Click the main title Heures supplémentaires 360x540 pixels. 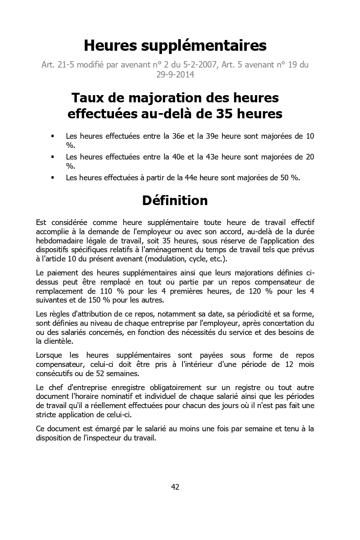click(175, 46)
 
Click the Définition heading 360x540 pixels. click(175, 200)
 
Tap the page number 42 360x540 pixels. click(175, 487)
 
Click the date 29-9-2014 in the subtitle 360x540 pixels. click(175, 74)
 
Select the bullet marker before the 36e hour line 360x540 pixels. click(52, 136)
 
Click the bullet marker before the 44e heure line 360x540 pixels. click(52, 178)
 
